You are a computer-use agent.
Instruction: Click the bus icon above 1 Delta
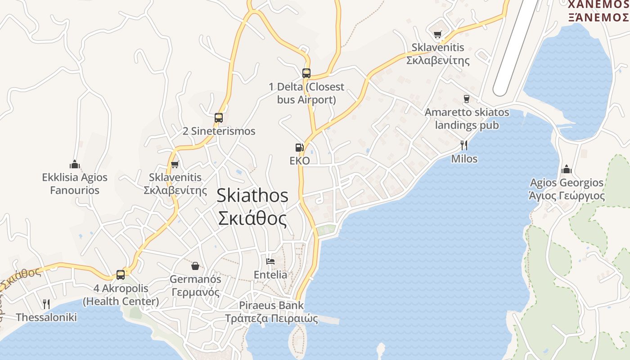coord(306,73)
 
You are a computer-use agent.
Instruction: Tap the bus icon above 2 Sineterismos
coord(219,118)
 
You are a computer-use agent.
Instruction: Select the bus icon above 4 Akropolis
coord(121,274)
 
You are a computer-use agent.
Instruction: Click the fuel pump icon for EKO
coord(299,147)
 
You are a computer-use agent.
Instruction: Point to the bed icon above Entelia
coord(270,261)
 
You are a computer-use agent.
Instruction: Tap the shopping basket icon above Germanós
coord(195,266)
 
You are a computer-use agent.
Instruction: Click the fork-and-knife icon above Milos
coord(464,145)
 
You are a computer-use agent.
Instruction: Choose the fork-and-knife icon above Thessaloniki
coord(46,304)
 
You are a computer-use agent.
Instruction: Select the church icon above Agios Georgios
coord(567,169)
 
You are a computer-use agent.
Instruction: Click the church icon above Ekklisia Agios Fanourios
coord(75,164)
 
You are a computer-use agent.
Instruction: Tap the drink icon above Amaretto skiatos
coord(467,99)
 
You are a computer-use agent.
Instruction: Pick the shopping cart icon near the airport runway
coord(437,34)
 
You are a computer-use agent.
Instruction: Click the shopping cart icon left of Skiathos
coord(175,164)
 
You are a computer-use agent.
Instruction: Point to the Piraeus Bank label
coord(271,305)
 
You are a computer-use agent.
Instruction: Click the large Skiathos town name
coord(252,195)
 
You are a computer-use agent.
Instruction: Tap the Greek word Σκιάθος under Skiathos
coord(252,219)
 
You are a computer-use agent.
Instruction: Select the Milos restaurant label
coord(464,159)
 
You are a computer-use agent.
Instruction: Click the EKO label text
coord(300,161)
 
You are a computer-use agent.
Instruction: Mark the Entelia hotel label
coord(270,274)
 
